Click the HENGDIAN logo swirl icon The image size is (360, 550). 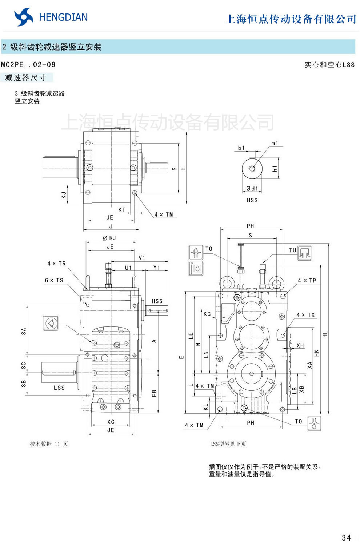tap(24, 17)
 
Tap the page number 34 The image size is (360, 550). tap(346, 538)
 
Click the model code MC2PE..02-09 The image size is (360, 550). tap(28, 65)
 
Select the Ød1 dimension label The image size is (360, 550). tap(252, 189)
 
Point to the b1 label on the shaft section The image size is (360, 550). tap(241, 148)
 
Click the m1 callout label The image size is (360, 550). tap(275, 144)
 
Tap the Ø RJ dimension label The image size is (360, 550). tap(109, 238)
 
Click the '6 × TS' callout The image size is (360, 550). tap(54, 280)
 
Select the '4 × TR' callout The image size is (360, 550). tap(56, 264)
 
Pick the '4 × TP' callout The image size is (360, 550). tap(307, 281)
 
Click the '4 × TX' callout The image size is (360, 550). tap(305, 315)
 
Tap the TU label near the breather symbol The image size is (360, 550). tap(292, 250)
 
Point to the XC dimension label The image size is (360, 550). tap(111, 422)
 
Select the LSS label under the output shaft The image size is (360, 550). tap(59, 388)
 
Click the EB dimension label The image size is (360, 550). tap(154, 393)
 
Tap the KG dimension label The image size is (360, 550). tap(207, 314)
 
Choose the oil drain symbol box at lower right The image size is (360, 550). tap(314, 423)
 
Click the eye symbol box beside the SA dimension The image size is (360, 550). tap(51, 323)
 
